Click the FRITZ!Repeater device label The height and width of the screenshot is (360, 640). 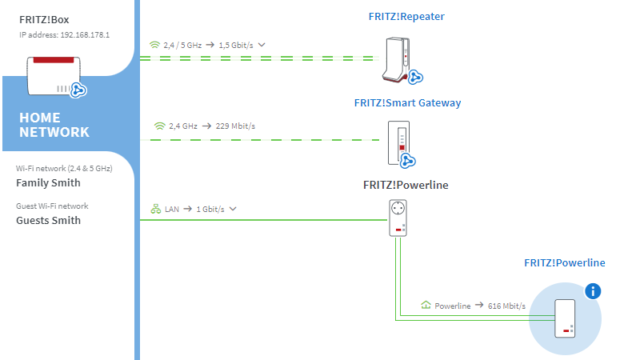tap(406, 16)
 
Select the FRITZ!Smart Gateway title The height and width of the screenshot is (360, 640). tap(407, 103)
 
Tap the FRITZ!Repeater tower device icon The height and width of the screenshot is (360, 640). tap(397, 59)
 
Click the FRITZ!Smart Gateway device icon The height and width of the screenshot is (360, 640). tap(398, 142)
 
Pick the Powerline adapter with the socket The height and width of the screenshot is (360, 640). tap(398, 218)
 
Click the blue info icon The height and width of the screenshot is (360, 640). tap(593, 291)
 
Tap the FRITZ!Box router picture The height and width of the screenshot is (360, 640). tap(54, 76)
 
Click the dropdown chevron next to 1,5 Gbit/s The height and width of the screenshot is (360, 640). tap(262, 45)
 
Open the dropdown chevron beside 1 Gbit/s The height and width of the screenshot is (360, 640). tap(233, 209)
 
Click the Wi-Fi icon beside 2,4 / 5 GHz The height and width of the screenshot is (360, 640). tap(154, 45)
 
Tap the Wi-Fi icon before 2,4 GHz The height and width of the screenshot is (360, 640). tap(159, 126)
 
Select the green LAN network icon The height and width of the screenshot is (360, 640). tap(155, 209)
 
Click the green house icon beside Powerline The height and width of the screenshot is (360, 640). tap(426, 305)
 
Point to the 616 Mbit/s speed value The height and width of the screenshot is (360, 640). tap(506, 306)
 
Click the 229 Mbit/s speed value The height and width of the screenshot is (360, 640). tap(235, 126)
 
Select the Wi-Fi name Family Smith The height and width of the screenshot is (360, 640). tap(48, 183)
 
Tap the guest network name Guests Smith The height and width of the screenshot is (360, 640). tap(48, 221)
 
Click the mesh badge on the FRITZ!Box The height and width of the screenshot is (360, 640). tap(78, 90)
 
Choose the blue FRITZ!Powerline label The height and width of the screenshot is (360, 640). tap(565, 263)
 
